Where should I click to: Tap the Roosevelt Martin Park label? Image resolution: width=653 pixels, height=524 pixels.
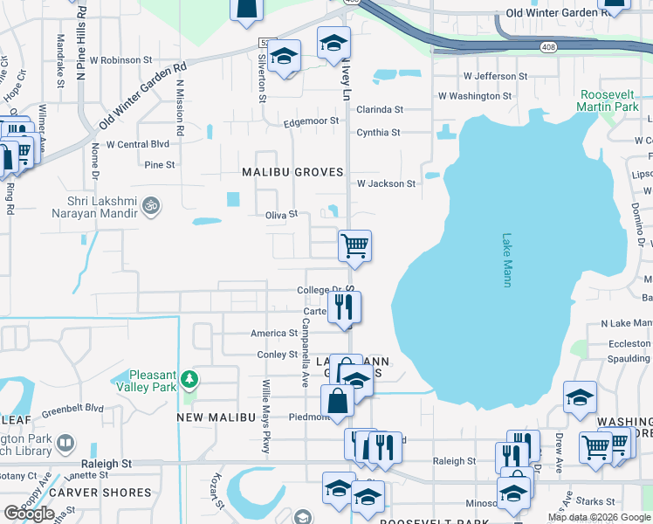pyautogui.click(x=608, y=100)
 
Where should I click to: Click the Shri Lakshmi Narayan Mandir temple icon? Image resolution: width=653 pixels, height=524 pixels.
pyautogui.click(x=151, y=205)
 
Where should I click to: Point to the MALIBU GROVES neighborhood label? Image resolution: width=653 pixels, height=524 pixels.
pyautogui.click(x=292, y=172)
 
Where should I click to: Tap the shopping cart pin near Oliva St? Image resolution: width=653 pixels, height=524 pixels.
pyautogui.click(x=354, y=245)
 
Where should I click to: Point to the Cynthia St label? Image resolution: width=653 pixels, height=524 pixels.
pyautogui.click(x=378, y=133)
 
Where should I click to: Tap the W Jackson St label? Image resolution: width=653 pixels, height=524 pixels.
pyautogui.click(x=386, y=183)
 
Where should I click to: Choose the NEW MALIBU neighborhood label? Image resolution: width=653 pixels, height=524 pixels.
pyautogui.click(x=216, y=418)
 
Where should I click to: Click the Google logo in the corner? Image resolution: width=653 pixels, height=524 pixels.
pyautogui.click(x=29, y=514)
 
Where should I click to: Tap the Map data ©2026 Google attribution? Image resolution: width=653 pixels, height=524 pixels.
pyautogui.click(x=599, y=517)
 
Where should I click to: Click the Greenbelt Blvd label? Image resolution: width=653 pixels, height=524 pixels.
pyautogui.click(x=72, y=409)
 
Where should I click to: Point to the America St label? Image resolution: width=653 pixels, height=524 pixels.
pyautogui.click(x=274, y=333)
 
